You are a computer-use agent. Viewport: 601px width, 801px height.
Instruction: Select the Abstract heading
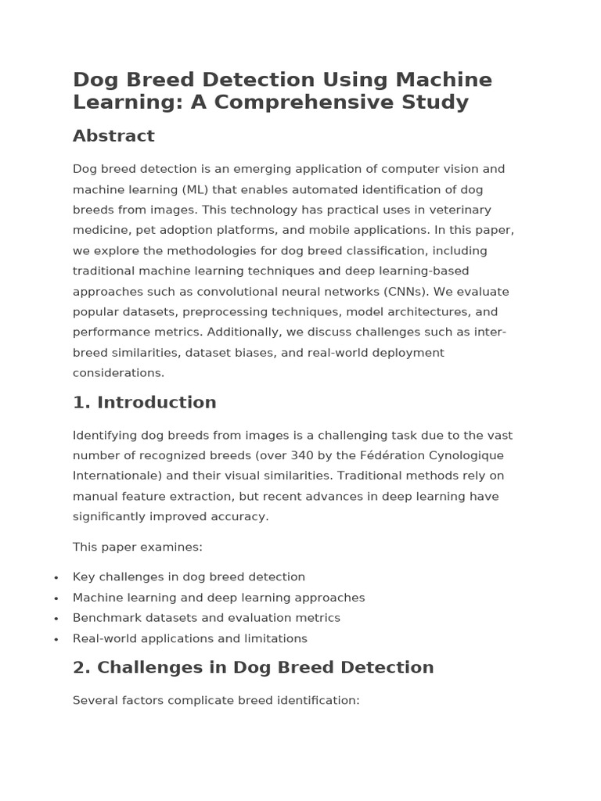[113, 136]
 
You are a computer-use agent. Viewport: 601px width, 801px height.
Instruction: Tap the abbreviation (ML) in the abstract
[196, 190]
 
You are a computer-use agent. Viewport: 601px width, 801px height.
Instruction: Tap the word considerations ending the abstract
[118, 373]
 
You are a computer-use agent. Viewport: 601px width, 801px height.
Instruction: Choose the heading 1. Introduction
[145, 403]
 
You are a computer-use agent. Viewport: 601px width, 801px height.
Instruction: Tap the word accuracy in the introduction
[243, 517]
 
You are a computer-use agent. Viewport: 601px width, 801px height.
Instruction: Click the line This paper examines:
[138, 548]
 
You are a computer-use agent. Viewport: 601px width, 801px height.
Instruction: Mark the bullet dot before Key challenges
[56, 578]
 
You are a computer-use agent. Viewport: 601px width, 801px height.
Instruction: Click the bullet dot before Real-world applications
[56, 639]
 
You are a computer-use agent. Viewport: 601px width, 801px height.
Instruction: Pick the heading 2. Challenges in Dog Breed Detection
[253, 668]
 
